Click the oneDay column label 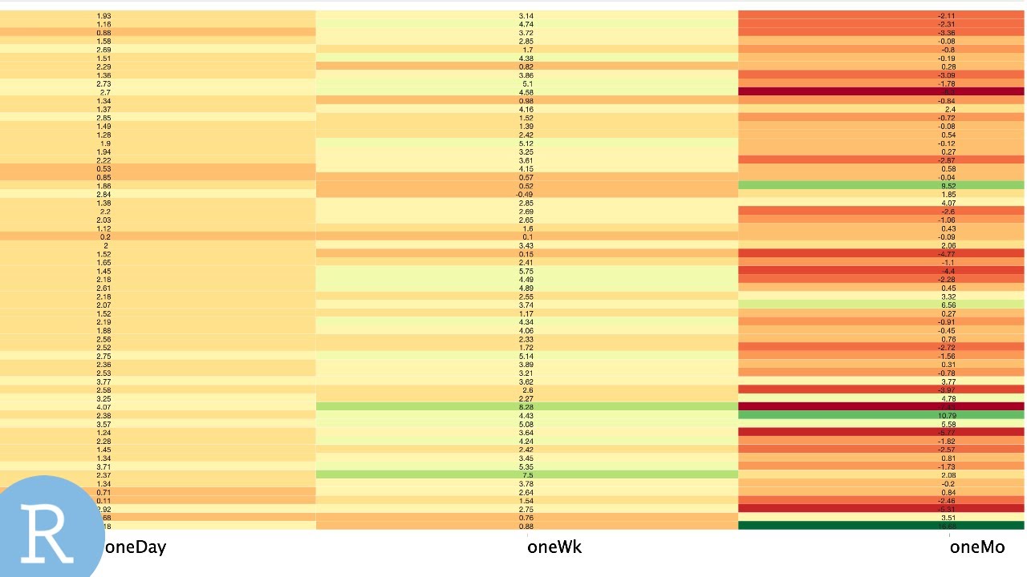pos(136,547)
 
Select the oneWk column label pos(554,547)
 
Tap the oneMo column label pos(976,547)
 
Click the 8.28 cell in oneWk pos(526,407)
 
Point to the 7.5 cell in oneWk pos(526,475)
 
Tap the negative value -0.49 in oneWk pos(526,195)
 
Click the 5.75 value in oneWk pos(526,271)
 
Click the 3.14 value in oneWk pos(526,16)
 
